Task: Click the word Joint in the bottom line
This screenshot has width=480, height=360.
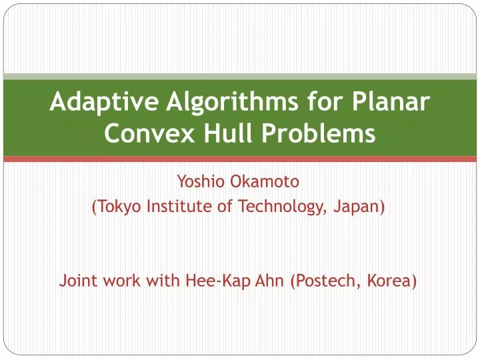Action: click(x=77, y=281)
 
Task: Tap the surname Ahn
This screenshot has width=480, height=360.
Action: click(x=270, y=281)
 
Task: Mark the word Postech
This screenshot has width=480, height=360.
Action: click(x=325, y=281)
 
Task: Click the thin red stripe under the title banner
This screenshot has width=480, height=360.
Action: click(x=240, y=159)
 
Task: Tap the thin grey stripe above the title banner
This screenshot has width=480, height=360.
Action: click(x=240, y=77)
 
